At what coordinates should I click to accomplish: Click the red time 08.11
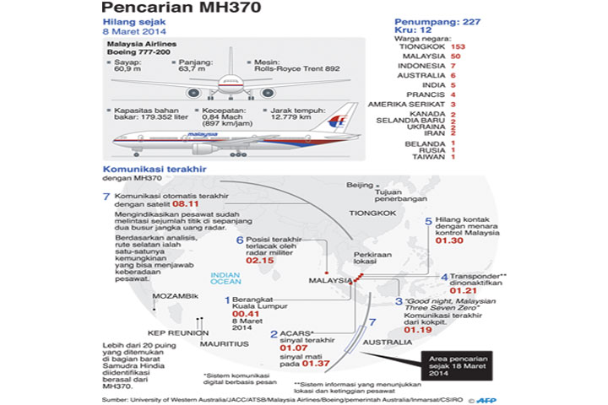tap(184, 203)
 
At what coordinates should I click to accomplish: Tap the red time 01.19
tap(419, 330)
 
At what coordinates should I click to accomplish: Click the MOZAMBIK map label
tap(176, 297)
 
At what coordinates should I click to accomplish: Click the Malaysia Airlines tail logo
tap(337, 121)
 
